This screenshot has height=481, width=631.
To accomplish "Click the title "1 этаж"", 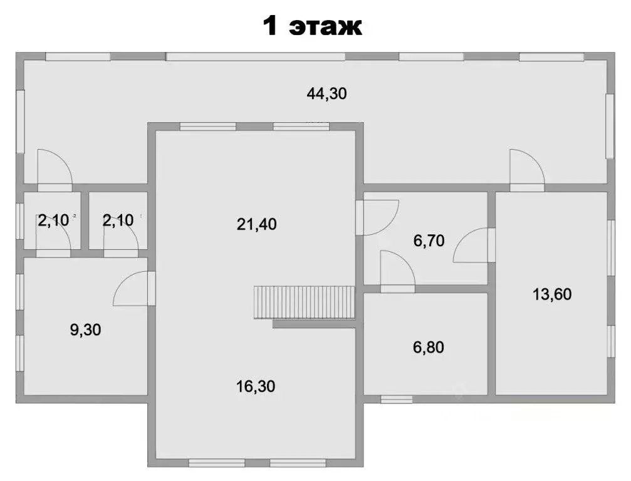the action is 313,26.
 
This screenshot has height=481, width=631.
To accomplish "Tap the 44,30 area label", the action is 326,94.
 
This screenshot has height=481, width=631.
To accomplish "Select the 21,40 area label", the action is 257,224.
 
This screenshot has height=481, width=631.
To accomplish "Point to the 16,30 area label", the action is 256,386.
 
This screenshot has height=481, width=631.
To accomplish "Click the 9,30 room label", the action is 85,330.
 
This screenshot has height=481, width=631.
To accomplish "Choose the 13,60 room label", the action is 552,294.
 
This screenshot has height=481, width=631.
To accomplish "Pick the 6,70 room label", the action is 429,240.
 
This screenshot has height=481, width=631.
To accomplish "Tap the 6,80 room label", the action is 429,347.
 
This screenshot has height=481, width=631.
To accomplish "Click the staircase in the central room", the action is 305,303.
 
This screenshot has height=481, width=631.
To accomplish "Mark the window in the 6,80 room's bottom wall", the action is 397,399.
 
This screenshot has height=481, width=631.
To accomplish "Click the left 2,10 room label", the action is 53,220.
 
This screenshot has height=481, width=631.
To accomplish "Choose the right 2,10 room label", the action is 118,220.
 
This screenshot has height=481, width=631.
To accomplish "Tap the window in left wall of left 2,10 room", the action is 19,220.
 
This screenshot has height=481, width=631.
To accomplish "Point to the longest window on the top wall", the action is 256,57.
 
